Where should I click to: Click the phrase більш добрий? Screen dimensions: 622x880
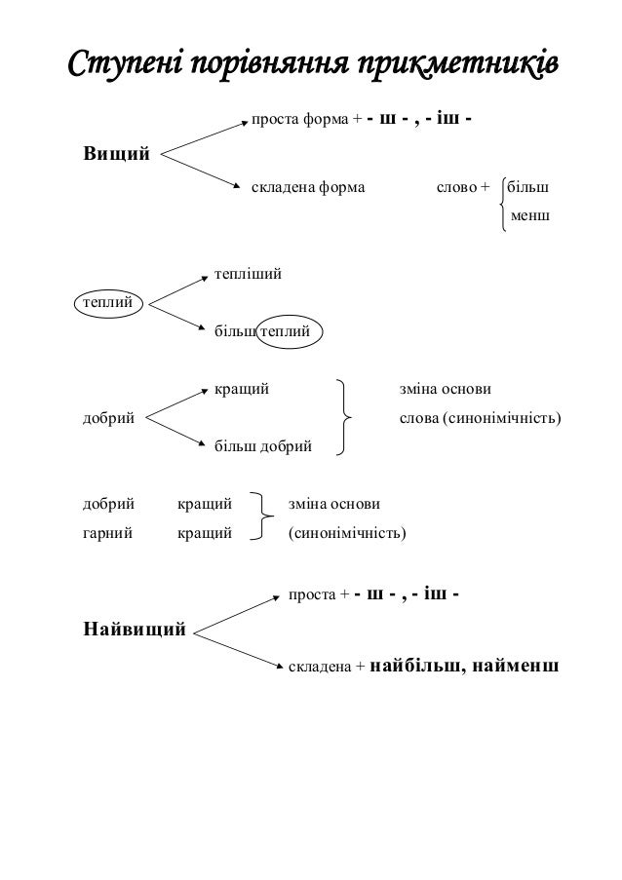point(262,446)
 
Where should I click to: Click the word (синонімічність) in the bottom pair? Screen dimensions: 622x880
point(348,534)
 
